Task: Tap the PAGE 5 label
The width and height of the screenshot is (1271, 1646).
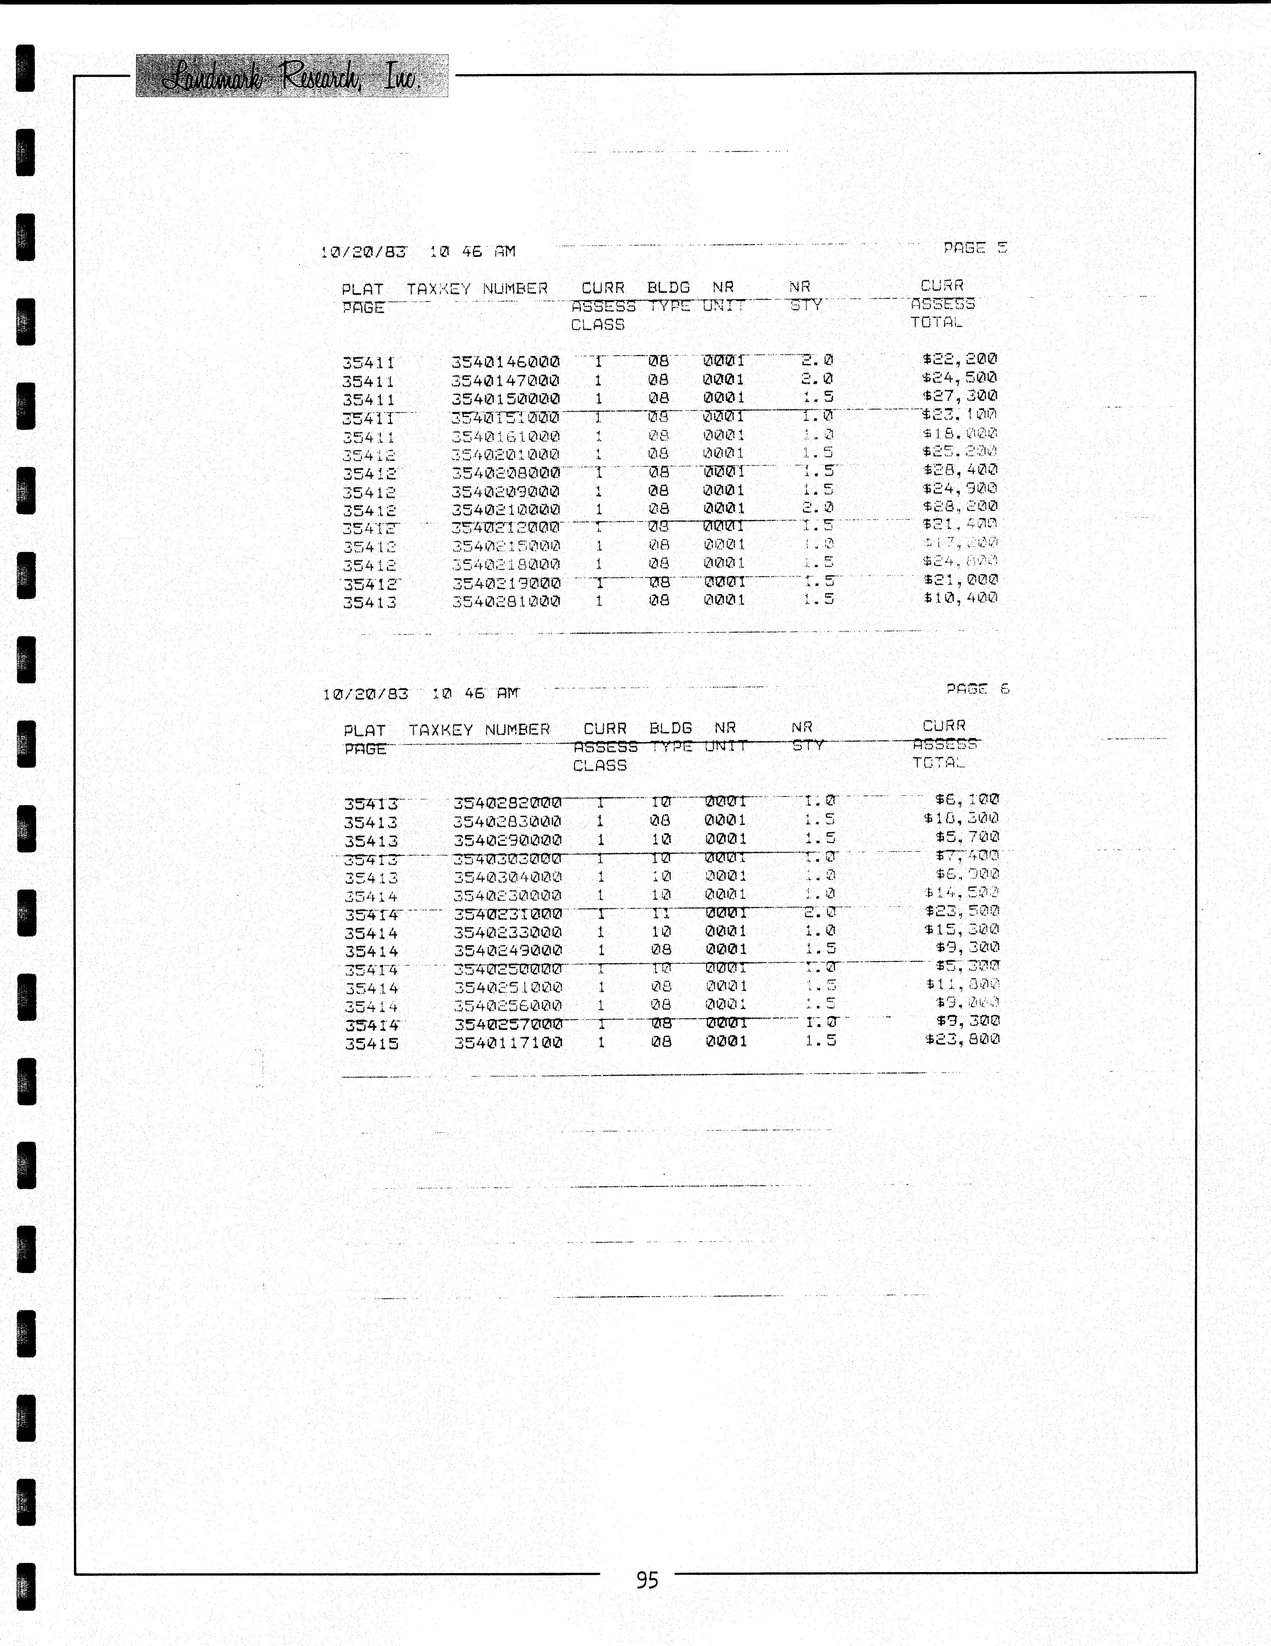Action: [975, 248]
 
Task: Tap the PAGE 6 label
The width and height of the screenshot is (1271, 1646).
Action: [977, 689]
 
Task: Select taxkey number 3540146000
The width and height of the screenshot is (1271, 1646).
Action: [505, 362]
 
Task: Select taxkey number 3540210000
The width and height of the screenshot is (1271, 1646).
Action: [505, 510]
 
